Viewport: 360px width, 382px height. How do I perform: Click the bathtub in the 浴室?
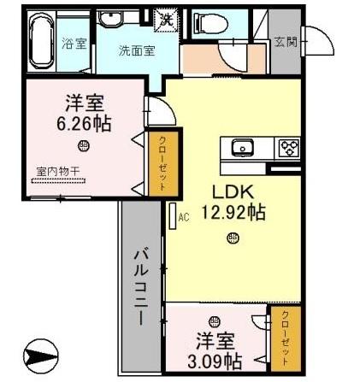[x=41, y=41]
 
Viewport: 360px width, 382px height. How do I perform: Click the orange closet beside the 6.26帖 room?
[x=158, y=162]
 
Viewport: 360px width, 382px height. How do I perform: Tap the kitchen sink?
[x=243, y=148]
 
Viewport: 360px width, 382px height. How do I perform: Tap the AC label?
[x=182, y=218]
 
